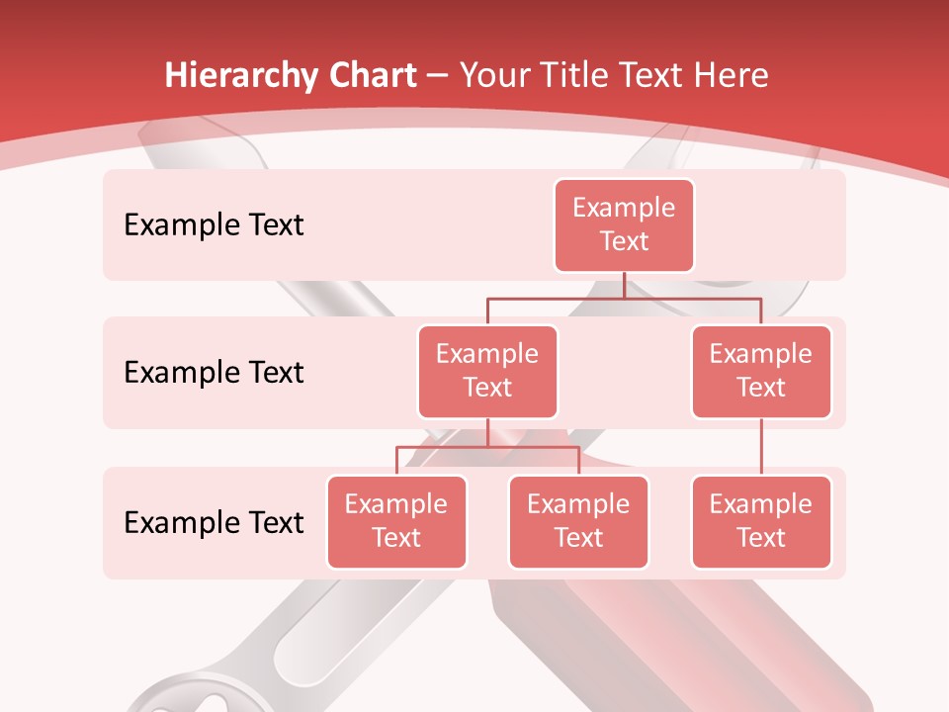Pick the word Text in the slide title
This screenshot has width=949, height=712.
(652, 76)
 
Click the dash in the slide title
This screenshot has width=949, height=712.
(438, 76)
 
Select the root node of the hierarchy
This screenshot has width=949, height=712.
(624, 225)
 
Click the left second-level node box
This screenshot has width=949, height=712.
(487, 372)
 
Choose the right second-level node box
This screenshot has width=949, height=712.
(761, 372)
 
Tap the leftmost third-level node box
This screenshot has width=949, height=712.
(396, 522)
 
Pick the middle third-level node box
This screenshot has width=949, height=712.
(578, 522)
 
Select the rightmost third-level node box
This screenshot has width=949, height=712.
(761, 522)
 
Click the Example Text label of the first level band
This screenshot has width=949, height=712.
(214, 225)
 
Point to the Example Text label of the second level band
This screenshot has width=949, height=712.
(214, 373)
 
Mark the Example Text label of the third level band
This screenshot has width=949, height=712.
(214, 522)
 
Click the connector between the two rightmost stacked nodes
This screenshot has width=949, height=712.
(761, 447)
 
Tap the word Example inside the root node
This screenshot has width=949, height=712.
(624, 209)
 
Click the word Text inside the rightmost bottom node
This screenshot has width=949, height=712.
(761, 539)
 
